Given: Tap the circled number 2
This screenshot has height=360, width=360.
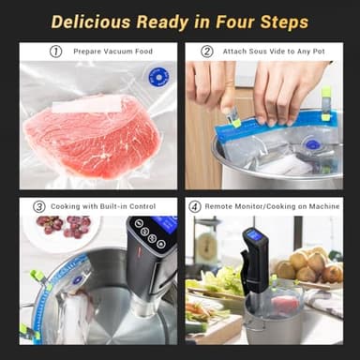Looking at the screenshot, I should click(x=206, y=52).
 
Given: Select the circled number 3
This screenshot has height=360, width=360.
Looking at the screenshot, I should click(x=39, y=206).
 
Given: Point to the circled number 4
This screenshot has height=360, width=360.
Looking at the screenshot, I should click(x=195, y=206).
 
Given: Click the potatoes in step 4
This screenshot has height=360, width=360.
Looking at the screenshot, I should click(x=309, y=267).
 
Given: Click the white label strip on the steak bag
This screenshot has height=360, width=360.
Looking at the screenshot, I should click(x=86, y=106).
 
